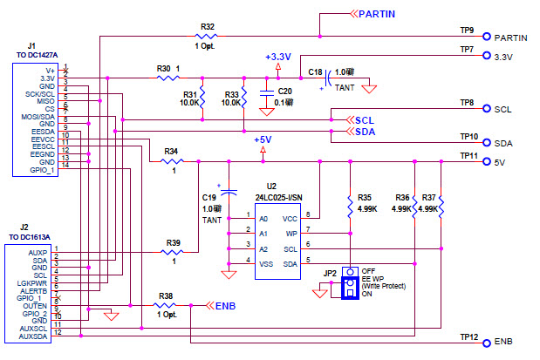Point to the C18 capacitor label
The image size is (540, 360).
[315, 72]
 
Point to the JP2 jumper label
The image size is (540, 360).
[329, 274]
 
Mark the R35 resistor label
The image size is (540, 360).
[364, 198]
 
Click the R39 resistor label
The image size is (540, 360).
[174, 242]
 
